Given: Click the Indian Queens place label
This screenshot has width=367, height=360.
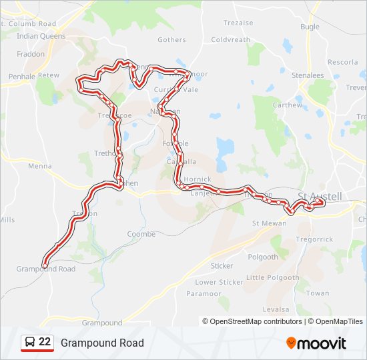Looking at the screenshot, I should pos(41,36).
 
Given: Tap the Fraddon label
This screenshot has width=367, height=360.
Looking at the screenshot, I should pos(31,54).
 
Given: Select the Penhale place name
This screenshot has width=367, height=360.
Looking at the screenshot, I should pos(22,77).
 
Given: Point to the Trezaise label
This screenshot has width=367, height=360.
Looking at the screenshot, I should pos(238,23).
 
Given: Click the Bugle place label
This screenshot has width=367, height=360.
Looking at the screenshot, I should pos(310,27).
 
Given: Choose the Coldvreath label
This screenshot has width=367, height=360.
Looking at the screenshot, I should pos(230,39).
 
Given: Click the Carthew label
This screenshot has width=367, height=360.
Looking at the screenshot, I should pos(287,105).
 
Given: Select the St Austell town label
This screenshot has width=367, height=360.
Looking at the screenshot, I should pos(320,196).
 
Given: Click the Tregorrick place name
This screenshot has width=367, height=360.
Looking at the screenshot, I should pos(314,239).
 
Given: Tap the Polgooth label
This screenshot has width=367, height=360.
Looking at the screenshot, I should pos(263,257).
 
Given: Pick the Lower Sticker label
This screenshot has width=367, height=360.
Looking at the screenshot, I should pos(219,282).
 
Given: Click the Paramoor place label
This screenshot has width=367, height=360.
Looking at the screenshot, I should pos(204,293).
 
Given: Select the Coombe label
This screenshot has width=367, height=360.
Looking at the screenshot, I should pos(141,234).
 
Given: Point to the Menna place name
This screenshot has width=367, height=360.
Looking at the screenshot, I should pos(40,166).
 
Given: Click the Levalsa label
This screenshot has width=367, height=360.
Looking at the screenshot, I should pos(276,309).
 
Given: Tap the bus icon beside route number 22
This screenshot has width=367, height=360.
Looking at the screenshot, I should pos(29,343).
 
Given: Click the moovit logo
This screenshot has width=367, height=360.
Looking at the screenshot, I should pos(316,343).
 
